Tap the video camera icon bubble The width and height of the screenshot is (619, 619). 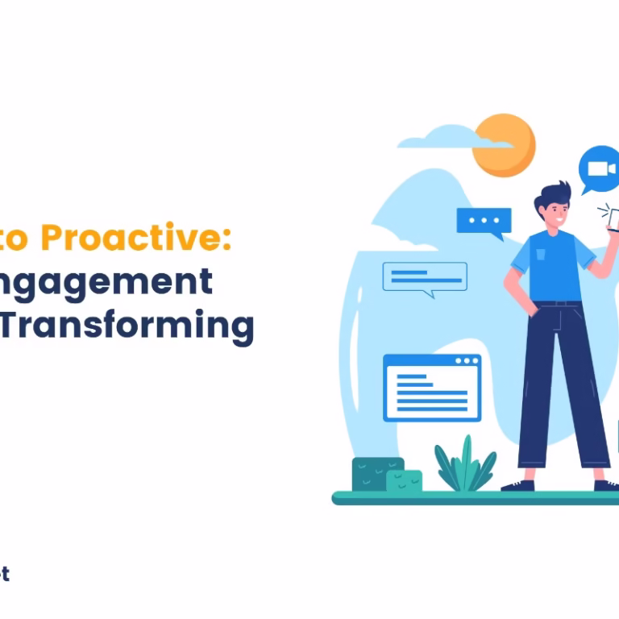[x=600, y=169]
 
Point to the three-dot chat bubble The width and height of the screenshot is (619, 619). [x=484, y=221]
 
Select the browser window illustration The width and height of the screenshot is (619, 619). [x=432, y=387]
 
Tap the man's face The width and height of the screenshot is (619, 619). [x=557, y=212]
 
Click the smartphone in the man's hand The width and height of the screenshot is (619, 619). [x=613, y=218]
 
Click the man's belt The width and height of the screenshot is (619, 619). [x=556, y=304]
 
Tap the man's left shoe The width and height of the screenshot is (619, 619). [x=517, y=485]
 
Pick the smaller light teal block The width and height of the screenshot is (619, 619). [x=405, y=481]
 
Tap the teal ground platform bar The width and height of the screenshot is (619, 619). [x=476, y=498]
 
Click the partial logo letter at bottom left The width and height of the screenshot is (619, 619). [x=4, y=574]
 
